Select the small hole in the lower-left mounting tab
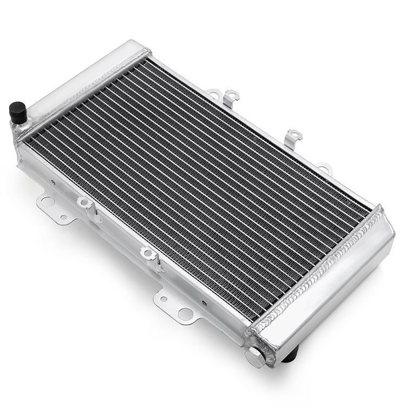click(63, 217)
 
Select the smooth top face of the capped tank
click(81, 76)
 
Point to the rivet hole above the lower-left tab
click(53, 182)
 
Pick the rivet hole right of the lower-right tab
click(204, 303)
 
